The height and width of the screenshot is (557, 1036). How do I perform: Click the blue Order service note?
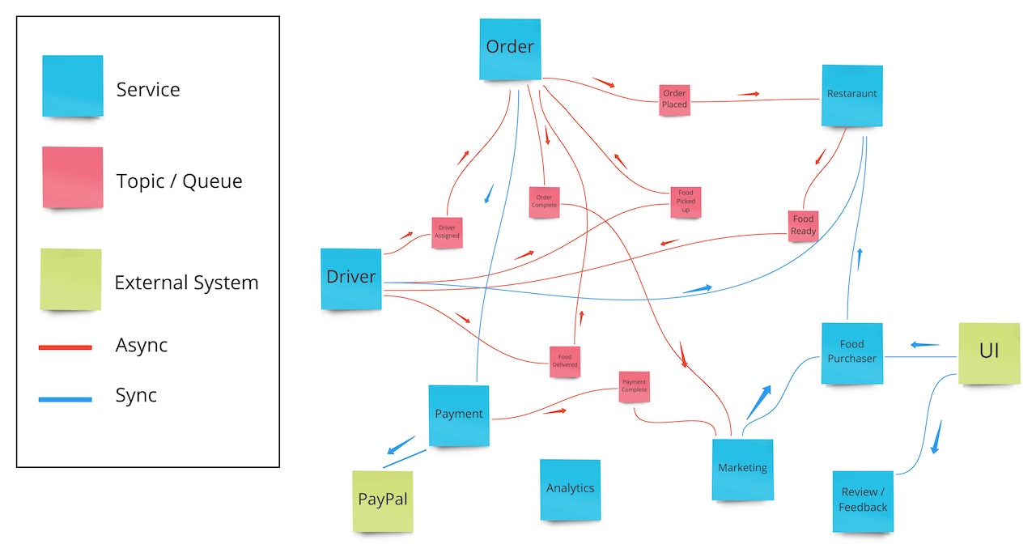(510, 49)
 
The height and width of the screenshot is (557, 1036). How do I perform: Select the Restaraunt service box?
(851, 95)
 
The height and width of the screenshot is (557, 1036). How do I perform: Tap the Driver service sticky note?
(351, 278)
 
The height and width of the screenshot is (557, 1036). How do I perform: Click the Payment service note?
(459, 415)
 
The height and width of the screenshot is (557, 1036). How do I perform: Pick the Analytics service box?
(570, 489)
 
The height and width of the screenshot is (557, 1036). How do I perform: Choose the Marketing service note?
(742, 469)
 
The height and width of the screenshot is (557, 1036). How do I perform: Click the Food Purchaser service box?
(851, 353)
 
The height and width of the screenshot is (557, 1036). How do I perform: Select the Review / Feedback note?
(863, 501)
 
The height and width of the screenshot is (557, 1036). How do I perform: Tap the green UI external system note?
(988, 352)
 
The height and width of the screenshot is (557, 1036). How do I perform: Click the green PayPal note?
(383, 500)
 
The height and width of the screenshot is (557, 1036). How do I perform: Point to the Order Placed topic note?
(674, 100)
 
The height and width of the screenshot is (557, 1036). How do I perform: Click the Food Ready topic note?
(803, 225)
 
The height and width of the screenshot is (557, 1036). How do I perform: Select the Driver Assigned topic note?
(447, 232)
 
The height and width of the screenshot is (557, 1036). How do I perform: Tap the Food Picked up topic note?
(686, 202)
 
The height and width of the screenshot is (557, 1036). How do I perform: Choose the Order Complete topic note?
(544, 201)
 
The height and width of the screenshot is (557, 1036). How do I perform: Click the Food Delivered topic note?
(565, 361)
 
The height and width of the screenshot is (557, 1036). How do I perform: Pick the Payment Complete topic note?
(634, 386)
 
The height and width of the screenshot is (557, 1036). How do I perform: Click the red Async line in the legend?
(66, 347)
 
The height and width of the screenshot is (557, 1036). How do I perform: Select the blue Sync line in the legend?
(66, 398)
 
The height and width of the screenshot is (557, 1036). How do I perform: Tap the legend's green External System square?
(71, 279)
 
